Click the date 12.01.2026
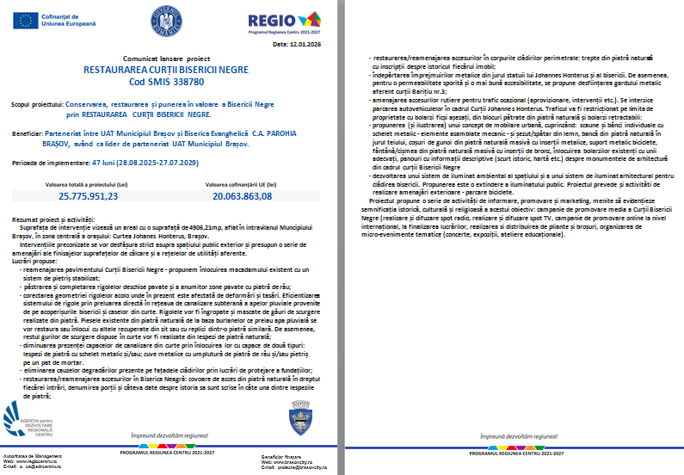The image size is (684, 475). coord(305,42)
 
